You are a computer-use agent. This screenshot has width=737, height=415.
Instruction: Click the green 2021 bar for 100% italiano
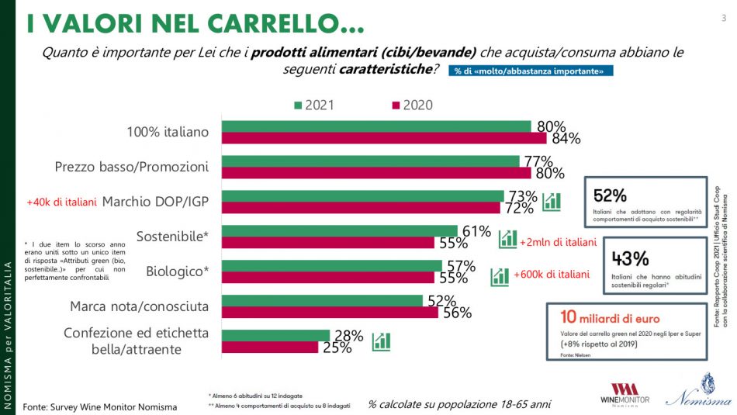click(x=376, y=126)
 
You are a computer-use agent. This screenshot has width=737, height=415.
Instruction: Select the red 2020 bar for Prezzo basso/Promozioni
click(x=376, y=173)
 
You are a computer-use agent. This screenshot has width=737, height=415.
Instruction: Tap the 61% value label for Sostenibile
click(x=476, y=230)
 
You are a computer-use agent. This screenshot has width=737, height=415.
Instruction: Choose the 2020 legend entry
click(x=410, y=105)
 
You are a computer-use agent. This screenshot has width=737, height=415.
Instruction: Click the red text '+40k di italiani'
click(x=61, y=202)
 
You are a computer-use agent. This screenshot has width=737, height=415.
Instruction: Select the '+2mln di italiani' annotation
click(x=559, y=242)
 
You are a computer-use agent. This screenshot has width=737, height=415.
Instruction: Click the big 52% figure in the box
click(x=611, y=195)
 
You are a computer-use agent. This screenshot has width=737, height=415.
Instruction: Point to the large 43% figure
click(x=631, y=259)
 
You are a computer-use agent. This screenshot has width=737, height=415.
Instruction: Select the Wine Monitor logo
click(x=626, y=393)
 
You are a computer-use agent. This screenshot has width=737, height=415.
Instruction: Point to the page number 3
click(x=723, y=17)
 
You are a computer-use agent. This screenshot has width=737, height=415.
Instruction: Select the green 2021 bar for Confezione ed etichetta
click(x=276, y=335)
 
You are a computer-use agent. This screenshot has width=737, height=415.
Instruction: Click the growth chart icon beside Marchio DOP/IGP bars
click(x=552, y=202)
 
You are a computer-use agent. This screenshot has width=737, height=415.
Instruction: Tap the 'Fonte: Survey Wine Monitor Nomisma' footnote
click(x=99, y=406)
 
